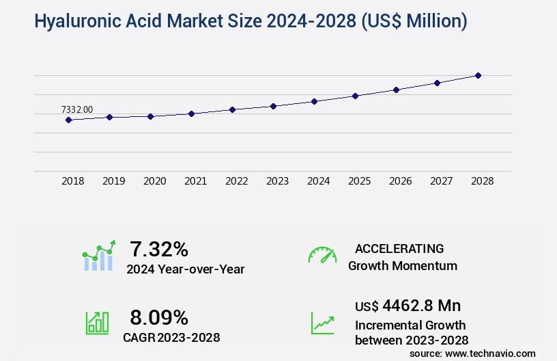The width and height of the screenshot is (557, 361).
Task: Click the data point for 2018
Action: click(x=68, y=120)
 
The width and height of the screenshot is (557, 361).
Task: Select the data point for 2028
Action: click(x=478, y=75)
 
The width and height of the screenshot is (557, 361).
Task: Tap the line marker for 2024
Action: click(x=314, y=101)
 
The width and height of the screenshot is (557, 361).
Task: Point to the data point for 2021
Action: click(x=191, y=113)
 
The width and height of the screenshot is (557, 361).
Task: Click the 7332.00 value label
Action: click(x=76, y=109)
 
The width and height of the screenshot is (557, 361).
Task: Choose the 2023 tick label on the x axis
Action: click(x=277, y=181)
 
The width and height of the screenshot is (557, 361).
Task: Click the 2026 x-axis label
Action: click(x=400, y=181)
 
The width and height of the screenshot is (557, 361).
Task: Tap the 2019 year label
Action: click(x=113, y=181)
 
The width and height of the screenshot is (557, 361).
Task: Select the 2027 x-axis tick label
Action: click(x=441, y=181)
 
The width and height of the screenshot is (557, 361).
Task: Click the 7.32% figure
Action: click(x=159, y=248)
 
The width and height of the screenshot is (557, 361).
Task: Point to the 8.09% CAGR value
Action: click(x=159, y=317)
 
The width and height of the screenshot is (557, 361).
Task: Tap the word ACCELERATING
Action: click(x=399, y=248)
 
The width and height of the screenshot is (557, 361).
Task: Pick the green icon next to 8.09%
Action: click(x=97, y=323)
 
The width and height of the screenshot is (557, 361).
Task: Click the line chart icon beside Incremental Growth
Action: click(x=322, y=323)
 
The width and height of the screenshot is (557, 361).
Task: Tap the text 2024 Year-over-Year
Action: click(x=185, y=269)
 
